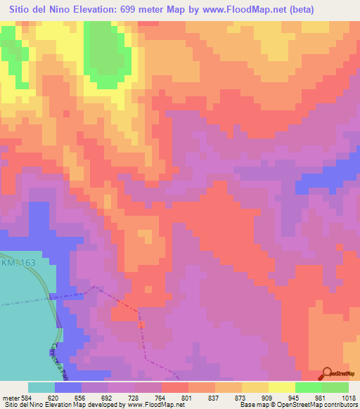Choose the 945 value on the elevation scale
click(x=295, y=397)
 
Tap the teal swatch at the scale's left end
click(x=41, y=387)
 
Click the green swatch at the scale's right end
click(x=335, y=387)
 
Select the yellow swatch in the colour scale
click(x=281, y=387)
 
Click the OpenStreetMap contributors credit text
click(x=310, y=405)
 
